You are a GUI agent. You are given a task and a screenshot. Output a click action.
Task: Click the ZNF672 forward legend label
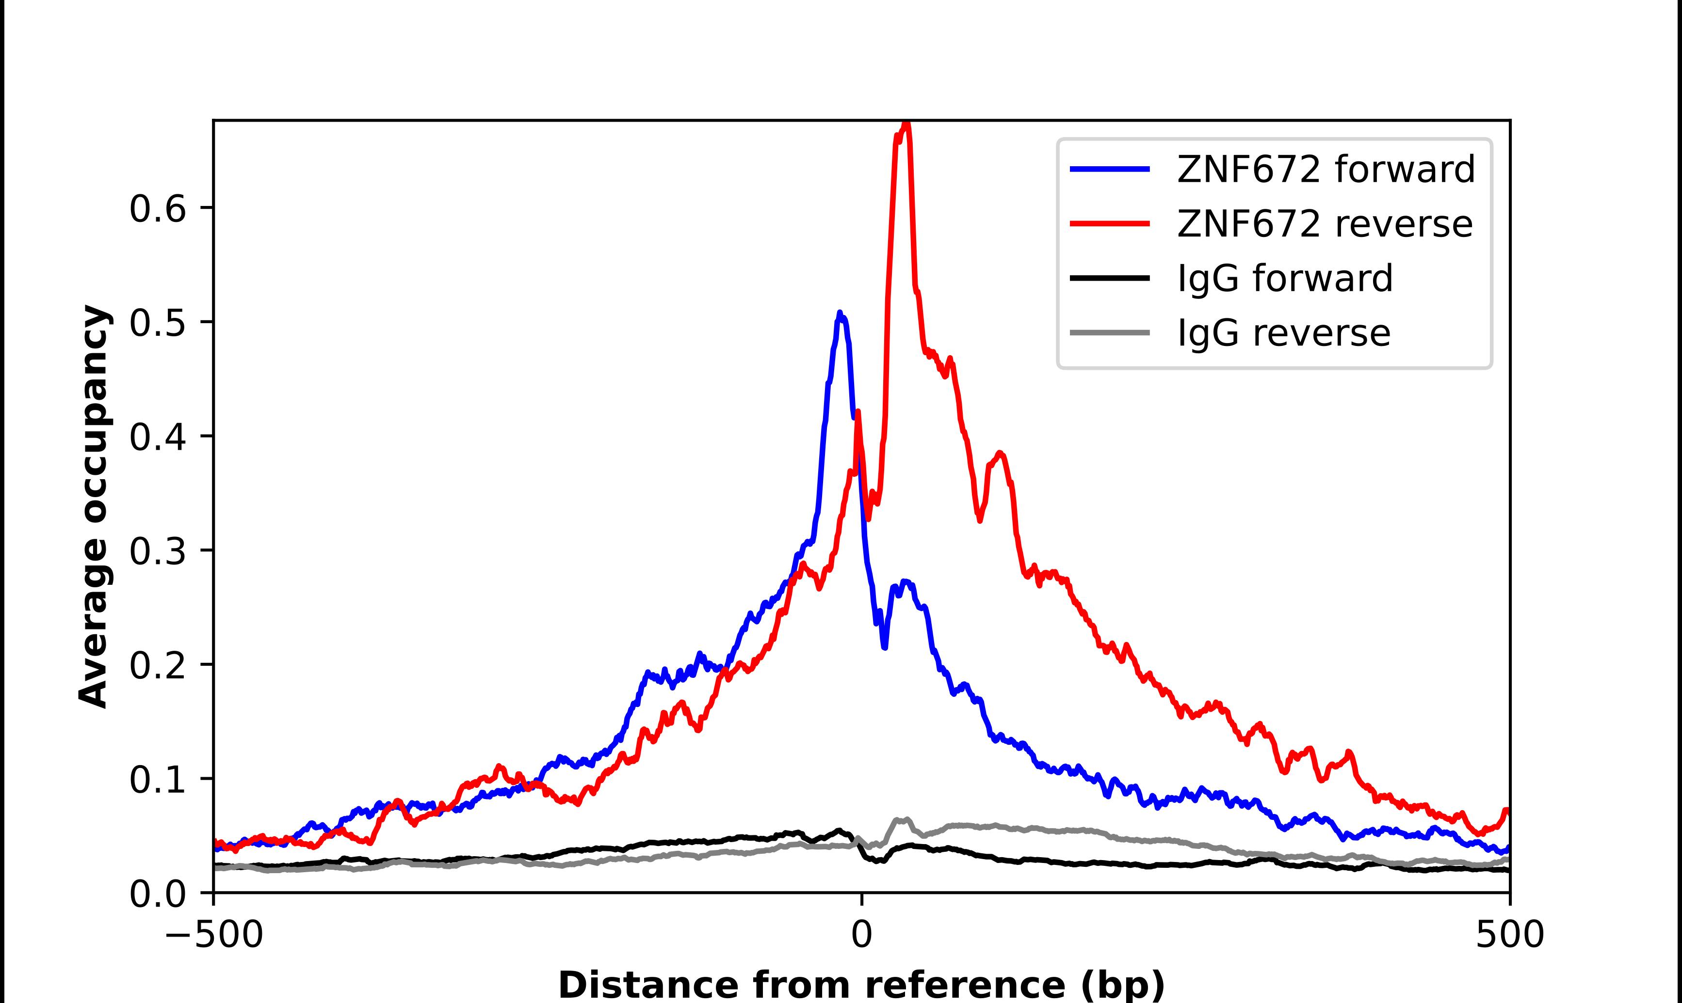[x=1326, y=170]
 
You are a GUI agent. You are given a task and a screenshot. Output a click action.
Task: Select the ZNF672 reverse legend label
[x=1324, y=224]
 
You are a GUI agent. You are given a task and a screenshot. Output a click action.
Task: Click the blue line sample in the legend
[x=1110, y=170]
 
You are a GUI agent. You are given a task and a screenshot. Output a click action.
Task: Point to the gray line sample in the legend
[x=1110, y=332]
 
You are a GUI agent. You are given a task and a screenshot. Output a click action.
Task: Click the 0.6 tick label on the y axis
[x=157, y=209]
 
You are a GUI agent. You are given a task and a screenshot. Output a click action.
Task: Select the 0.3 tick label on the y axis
[x=157, y=551]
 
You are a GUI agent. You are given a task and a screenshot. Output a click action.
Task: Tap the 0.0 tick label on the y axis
[x=157, y=894]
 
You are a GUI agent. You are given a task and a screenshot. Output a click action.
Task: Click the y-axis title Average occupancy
[x=93, y=506]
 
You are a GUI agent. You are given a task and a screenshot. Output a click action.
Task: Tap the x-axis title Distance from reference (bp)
[x=861, y=984]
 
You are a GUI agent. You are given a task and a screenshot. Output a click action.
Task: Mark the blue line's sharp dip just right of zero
[x=885, y=647]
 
